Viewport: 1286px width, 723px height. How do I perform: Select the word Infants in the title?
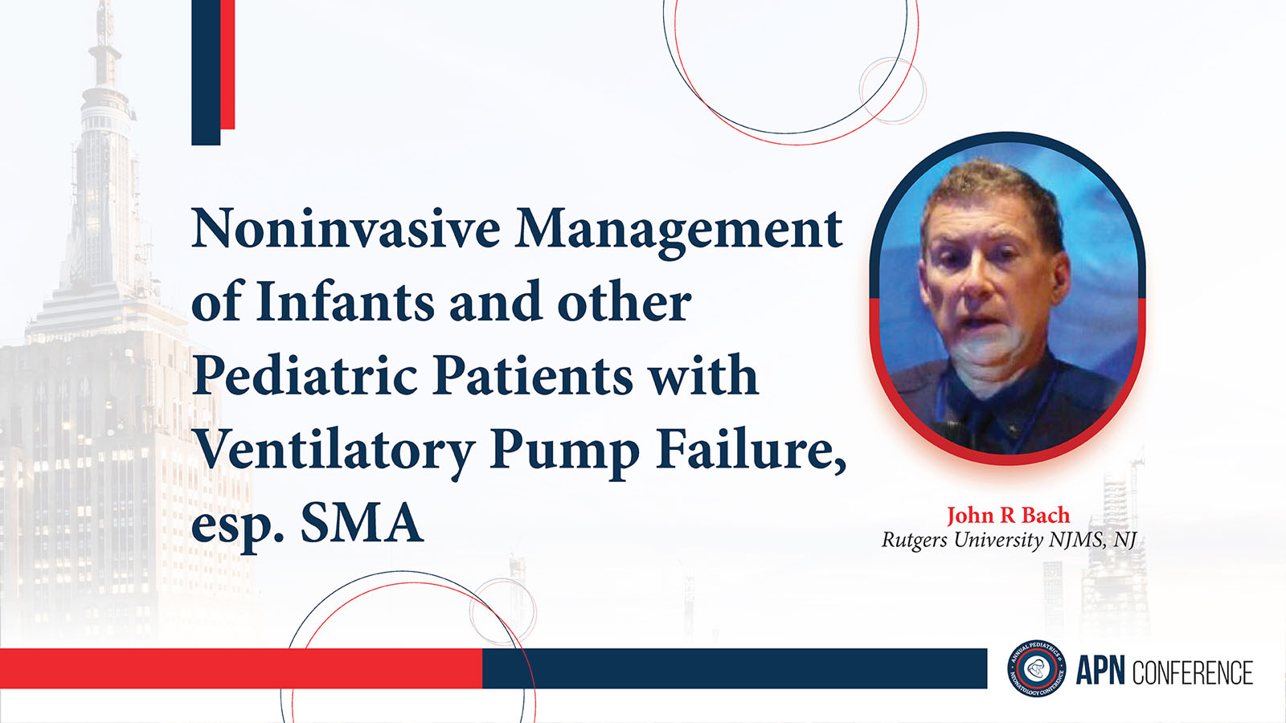(345, 300)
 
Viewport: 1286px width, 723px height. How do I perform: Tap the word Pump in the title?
(565, 453)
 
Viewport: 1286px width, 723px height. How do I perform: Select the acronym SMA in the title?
(362, 522)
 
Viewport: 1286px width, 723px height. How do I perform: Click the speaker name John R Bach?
(1008, 515)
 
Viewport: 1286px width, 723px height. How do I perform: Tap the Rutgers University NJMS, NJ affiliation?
(1009, 541)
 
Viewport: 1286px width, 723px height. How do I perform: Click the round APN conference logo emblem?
(1037, 668)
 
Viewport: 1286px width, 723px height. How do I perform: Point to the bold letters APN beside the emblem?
(1100, 672)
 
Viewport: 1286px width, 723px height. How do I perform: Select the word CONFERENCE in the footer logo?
(1193, 672)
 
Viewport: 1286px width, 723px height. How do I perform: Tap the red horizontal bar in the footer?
(241, 668)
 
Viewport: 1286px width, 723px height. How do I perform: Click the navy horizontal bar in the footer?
(735, 668)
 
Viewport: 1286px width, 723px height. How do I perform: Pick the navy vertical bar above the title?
(206, 72)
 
